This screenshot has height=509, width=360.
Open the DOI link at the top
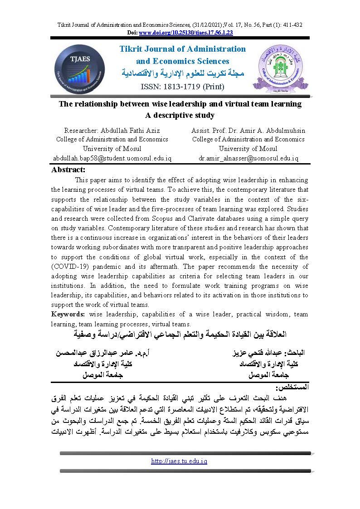(186, 33)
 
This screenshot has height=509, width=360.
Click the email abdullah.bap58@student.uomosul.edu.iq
(112, 158)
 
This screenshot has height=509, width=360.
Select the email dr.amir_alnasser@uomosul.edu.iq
(248, 158)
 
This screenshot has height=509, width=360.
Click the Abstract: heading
(68, 170)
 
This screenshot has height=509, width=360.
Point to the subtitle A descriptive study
(180, 116)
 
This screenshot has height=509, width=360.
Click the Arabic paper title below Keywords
(180, 335)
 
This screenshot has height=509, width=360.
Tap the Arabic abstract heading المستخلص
(292, 388)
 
